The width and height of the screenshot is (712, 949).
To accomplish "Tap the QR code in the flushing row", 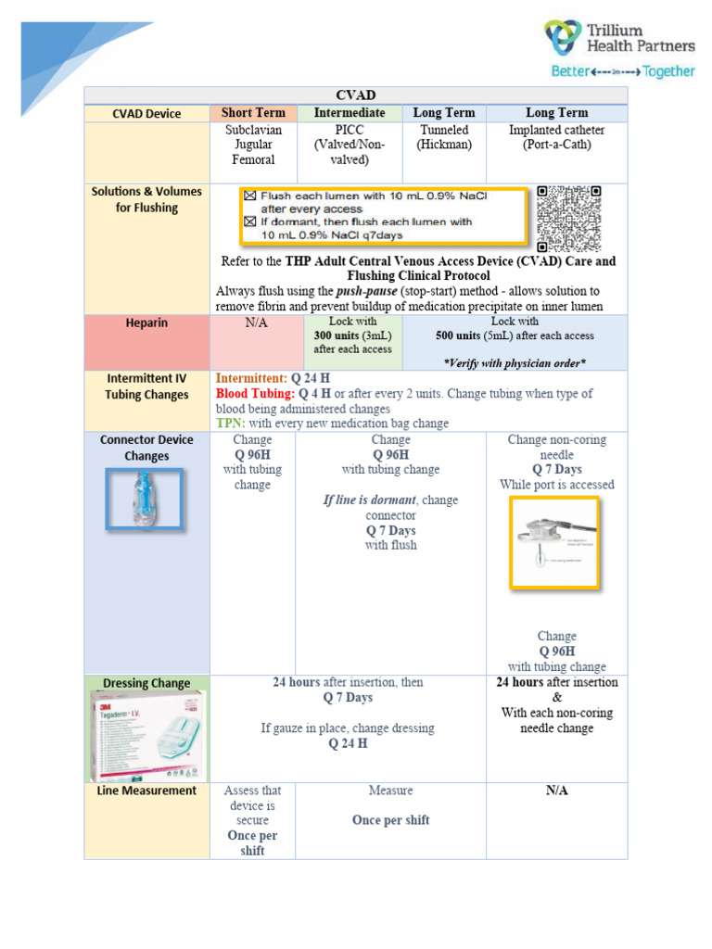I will [x=570, y=218].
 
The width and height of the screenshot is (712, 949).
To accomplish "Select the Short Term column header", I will [x=253, y=113].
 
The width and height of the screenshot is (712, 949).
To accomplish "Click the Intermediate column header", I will [x=349, y=113].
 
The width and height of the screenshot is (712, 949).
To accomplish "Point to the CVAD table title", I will [x=355, y=95].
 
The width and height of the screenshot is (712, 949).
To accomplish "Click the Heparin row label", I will [x=146, y=323].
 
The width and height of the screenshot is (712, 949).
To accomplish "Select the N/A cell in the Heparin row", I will [x=255, y=323].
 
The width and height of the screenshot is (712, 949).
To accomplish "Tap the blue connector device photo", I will [x=144, y=500].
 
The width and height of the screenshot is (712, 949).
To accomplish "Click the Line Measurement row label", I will [x=146, y=791].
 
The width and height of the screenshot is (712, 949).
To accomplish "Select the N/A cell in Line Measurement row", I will [x=556, y=791].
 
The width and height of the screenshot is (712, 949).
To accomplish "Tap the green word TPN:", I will [x=230, y=423].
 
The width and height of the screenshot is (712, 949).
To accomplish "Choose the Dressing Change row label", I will [x=146, y=683].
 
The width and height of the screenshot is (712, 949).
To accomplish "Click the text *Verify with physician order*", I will [x=515, y=361].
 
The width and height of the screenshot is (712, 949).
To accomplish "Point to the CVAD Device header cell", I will [x=146, y=114].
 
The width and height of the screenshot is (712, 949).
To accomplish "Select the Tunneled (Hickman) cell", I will [x=444, y=137].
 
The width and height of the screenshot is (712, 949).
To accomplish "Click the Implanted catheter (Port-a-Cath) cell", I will [x=556, y=137].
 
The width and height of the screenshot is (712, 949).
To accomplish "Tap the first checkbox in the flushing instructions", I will [x=248, y=196].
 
